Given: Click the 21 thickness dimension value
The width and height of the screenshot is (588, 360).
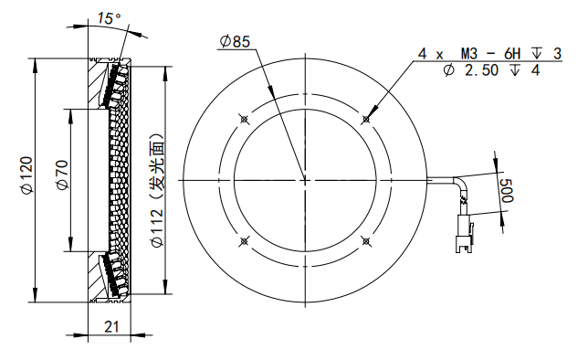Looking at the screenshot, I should point(110,326).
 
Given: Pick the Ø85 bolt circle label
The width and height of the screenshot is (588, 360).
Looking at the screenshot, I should point(236,41).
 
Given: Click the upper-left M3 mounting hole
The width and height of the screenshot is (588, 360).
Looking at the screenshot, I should point(242,119).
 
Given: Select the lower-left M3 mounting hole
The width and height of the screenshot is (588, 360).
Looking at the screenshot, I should point(242,241).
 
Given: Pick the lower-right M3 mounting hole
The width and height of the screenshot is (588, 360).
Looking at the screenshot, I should point(365,241).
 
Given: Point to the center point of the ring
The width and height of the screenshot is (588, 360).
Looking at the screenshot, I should point(304,180).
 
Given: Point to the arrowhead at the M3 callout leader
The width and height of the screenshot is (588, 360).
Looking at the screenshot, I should point(367,117).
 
